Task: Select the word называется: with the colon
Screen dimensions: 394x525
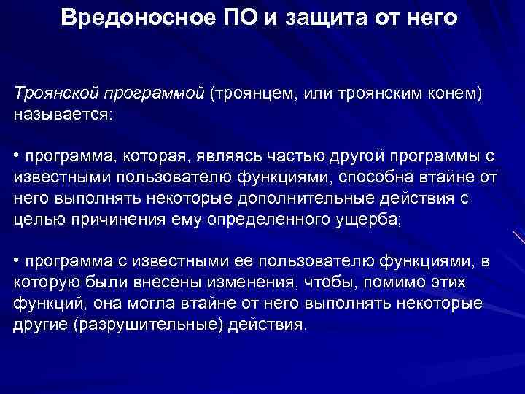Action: tap(64, 115)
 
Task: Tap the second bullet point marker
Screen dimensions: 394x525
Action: tap(17, 260)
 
